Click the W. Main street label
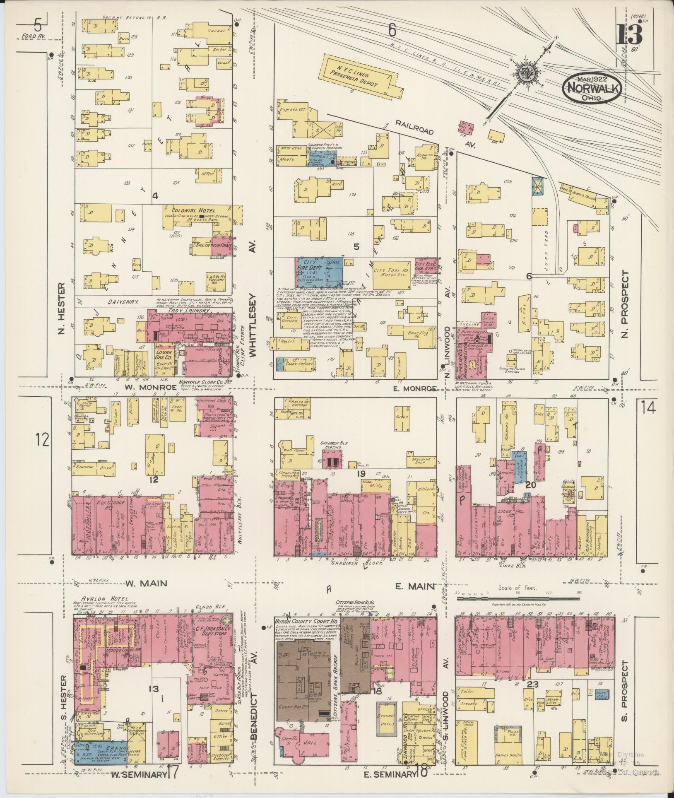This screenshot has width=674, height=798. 146,583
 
